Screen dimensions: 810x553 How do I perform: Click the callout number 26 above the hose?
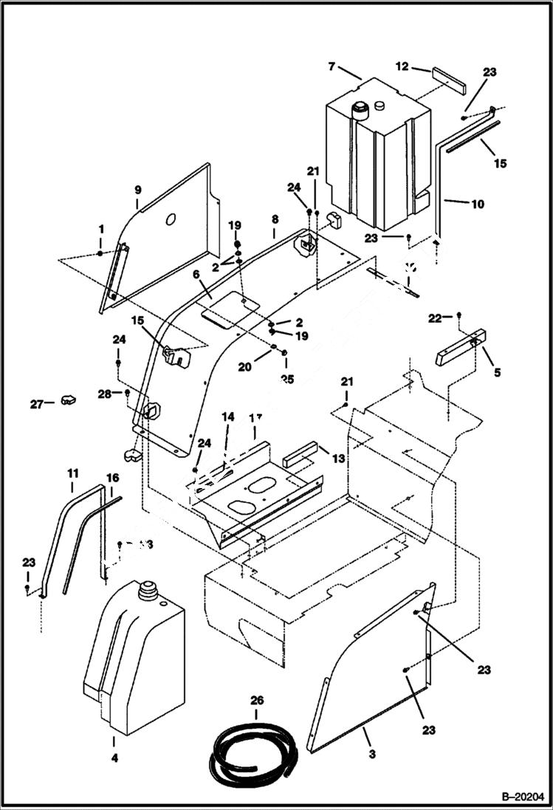[256, 700]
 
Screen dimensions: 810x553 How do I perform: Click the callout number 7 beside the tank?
[332, 66]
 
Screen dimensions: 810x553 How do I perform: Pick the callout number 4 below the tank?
[114, 757]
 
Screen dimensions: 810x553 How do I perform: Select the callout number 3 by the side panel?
[371, 754]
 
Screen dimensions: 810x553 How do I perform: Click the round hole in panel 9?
[170, 219]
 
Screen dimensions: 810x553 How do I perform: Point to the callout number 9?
[137, 190]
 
